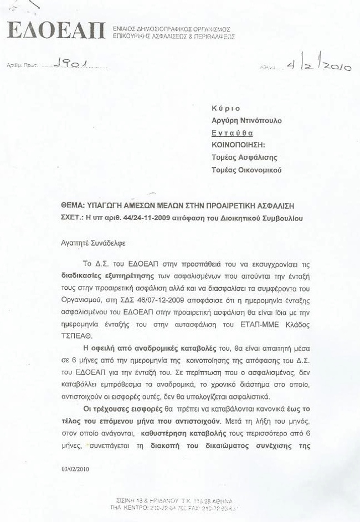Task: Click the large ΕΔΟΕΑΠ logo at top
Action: click(x=55, y=31)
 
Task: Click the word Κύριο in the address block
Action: click(x=226, y=109)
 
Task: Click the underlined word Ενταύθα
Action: click(x=233, y=133)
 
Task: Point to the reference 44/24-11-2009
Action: click(x=155, y=218)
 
